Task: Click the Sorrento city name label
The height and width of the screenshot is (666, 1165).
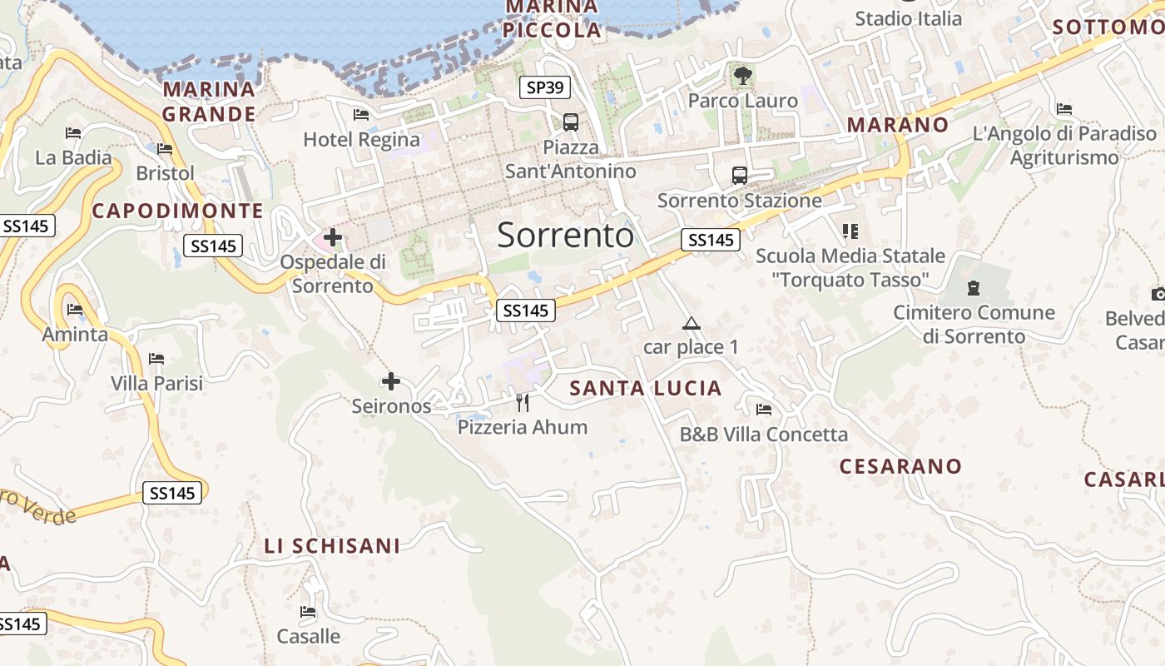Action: point(565,236)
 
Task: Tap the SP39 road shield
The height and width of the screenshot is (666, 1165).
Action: point(544,87)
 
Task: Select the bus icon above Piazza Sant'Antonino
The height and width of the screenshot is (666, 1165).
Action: point(571,122)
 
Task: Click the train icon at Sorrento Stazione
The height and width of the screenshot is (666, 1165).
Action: point(739,176)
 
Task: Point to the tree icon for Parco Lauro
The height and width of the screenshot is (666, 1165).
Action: point(742,77)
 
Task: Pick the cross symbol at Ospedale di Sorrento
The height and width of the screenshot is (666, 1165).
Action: point(333,238)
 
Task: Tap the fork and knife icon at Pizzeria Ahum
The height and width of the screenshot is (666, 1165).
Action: point(523,403)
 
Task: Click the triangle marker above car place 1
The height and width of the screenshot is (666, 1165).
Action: point(691,323)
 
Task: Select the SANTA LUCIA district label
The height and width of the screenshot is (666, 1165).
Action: point(646,388)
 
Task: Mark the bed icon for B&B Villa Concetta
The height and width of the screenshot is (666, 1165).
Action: point(764,410)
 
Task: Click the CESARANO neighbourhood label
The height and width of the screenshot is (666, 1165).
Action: point(900,466)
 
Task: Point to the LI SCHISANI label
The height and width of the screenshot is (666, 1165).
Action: point(332,546)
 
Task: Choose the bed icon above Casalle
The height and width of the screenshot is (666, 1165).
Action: point(308,613)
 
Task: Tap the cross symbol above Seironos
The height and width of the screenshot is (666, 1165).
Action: point(390,382)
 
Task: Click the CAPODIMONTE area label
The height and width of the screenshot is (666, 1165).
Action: point(177,211)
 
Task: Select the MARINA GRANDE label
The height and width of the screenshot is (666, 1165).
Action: point(209,102)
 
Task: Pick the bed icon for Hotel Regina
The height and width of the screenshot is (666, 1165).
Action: point(361,115)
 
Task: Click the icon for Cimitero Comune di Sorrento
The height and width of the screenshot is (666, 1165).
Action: point(973,289)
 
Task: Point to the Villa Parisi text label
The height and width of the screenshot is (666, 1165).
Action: point(157,384)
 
